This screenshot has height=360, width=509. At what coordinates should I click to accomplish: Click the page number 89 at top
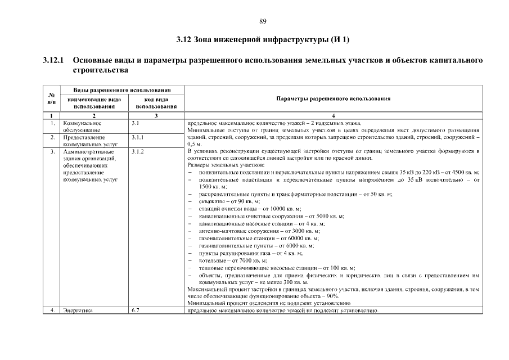pos(263,21)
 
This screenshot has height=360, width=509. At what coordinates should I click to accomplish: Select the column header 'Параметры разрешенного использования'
pos(334,98)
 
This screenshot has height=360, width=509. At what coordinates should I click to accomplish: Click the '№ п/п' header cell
pos(52,98)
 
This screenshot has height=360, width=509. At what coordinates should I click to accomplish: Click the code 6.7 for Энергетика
pos(135,310)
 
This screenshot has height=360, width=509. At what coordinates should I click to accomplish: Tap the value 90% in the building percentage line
pos(332,296)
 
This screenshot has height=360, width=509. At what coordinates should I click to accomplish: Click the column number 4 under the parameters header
pos(334,115)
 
